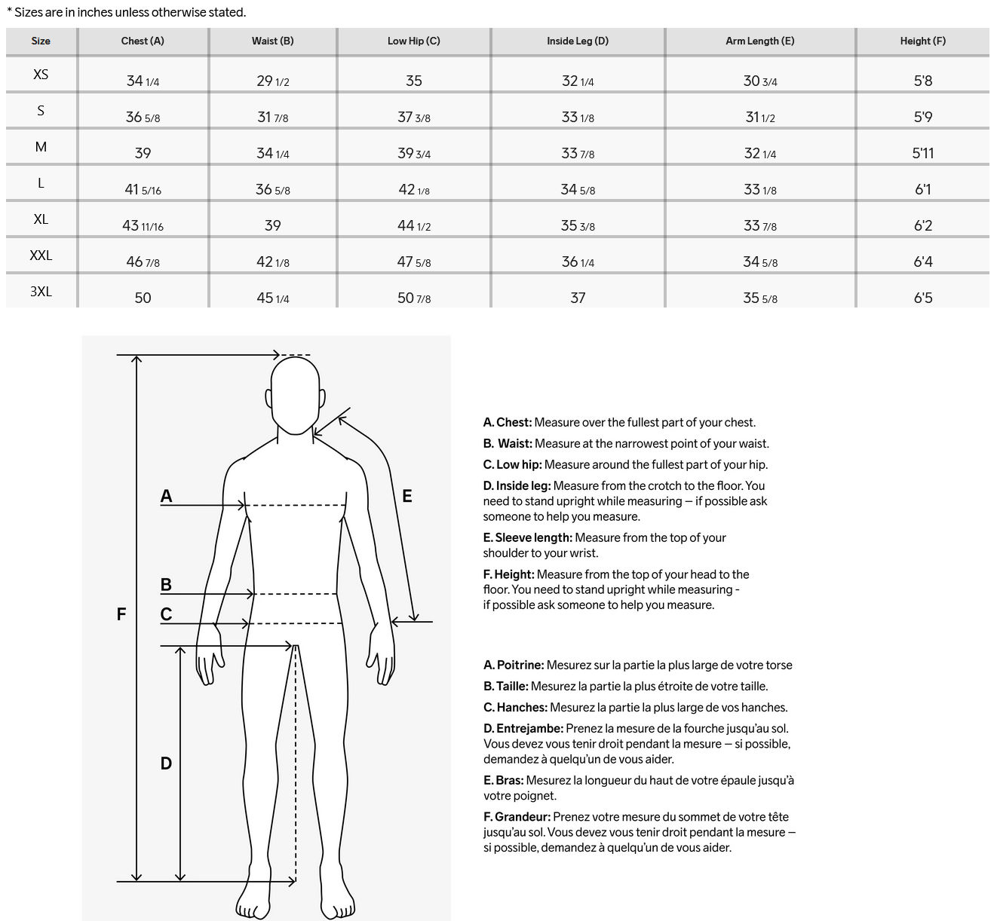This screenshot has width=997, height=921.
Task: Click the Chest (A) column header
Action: point(143,41)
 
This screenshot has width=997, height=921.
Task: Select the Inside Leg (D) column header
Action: point(577,41)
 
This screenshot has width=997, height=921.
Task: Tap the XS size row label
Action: point(41,74)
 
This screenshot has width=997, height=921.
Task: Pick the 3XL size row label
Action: point(41,291)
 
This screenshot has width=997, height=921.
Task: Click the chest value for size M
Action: point(143,153)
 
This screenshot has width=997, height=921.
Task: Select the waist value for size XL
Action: point(272,225)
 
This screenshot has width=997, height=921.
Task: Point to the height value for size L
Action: point(922,189)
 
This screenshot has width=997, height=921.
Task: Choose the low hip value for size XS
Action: point(413,81)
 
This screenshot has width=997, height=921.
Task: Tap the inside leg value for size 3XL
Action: point(577,298)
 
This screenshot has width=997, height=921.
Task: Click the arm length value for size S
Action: point(759,117)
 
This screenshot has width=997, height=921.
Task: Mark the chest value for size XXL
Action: point(143,262)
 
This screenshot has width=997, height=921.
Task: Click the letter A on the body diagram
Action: point(167,496)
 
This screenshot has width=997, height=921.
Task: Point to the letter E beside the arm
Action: point(407,496)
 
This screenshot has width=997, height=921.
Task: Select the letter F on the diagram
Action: point(121,614)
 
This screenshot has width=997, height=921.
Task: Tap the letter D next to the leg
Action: point(167,763)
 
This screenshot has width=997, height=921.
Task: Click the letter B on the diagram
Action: point(167,585)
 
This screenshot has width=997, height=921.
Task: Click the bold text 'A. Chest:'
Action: point(508,423)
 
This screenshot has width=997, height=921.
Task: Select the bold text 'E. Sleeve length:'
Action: point(527,537)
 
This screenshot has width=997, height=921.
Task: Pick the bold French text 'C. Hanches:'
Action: point(515,708)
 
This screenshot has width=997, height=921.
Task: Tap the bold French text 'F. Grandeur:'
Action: point(517,817)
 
